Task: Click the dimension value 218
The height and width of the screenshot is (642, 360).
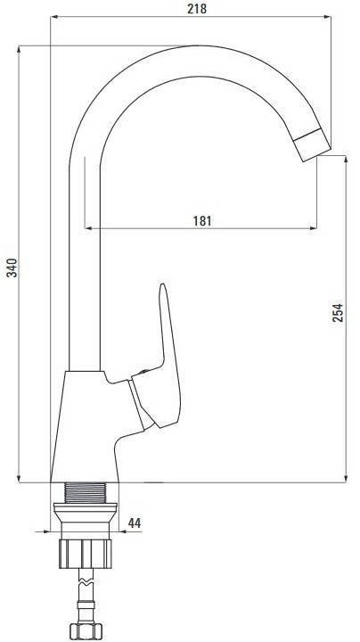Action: coord(197,9)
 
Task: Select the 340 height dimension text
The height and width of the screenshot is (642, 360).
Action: coord(12,267)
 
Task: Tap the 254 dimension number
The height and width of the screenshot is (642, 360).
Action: coord(338,312)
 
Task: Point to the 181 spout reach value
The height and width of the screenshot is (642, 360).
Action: coord(202,221)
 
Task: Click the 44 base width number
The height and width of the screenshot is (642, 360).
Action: coord(135,523)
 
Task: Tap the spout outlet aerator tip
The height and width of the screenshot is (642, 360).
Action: coord(313,144)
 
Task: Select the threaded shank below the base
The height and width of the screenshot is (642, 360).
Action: coord(85,492)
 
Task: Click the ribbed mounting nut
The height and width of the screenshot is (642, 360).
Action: coord(85,554)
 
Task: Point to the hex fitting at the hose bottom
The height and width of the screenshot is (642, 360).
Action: coord(86,631)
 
